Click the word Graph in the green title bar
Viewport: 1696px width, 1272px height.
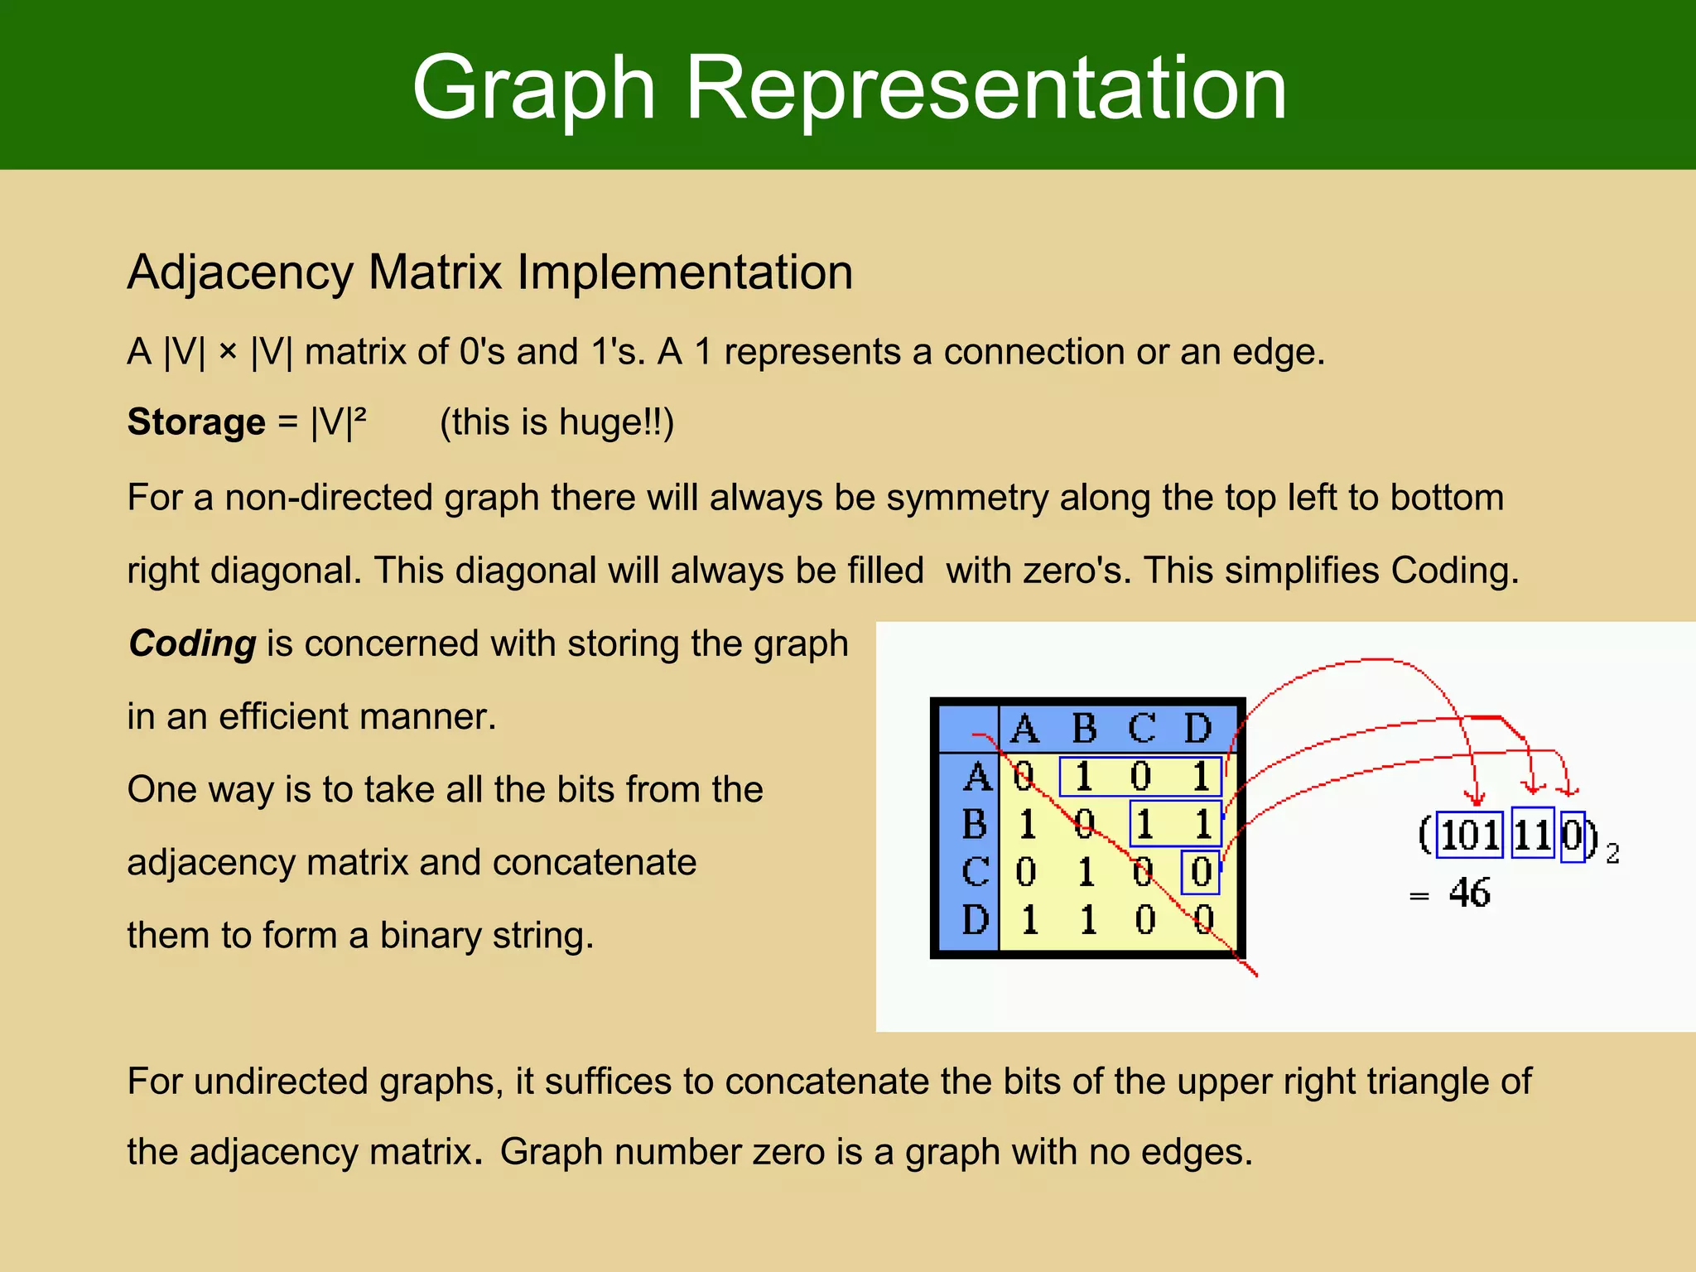pyautogui.click(x=533, y=88)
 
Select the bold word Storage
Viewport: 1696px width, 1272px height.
pyautogui.click(x=196, y=422)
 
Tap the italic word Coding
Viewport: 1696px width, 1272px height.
pyautogui.click(x=193, y=643)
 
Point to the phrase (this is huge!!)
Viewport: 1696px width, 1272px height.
pyautogui.click(x=556, y=422)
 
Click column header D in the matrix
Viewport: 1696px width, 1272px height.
pyautogui.click(x=1197, y=729)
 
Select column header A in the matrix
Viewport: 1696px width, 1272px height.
pyautogui.click(x=1025, y=729)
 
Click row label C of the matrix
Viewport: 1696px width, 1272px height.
pyautogui.click(x=976, y=872)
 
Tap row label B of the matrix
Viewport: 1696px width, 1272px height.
pyautogui.click(x=976, y=824)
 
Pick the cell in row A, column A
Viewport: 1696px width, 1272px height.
pyautogui.click(x=1024, y=777)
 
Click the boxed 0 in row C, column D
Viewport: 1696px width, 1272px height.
pyautogui.click(x=1201, y=872)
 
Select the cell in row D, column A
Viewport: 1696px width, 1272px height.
pyautogui.click(x=1029, y=920)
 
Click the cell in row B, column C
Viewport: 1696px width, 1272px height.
pyautogui.click(x=1144, y=824)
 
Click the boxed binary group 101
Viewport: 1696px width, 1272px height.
pyautogui.click(x=1469, y=835)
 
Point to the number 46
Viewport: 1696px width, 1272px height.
pyautogui.click(x=1469, y=893)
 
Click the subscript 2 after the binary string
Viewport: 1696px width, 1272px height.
pyautogui.click(x=1612, y=854)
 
